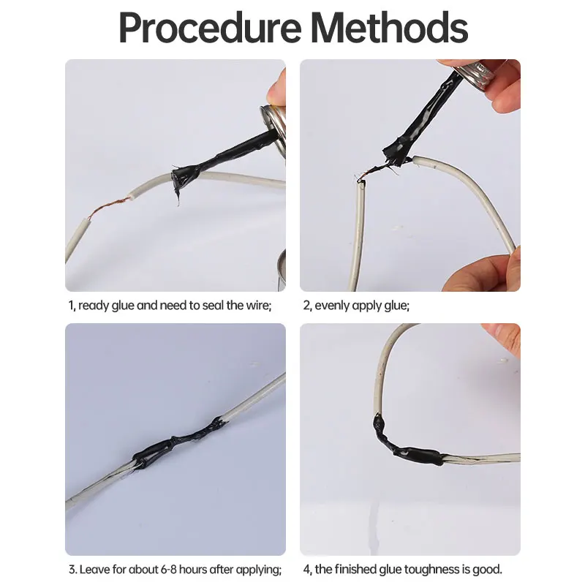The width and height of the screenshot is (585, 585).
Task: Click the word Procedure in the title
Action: tap(210, 29)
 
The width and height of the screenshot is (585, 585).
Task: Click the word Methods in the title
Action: tap(389, 27)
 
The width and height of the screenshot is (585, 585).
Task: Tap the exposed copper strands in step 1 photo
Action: tap(108, 208)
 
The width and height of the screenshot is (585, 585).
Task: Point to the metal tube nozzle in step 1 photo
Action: tap(273, 123)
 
